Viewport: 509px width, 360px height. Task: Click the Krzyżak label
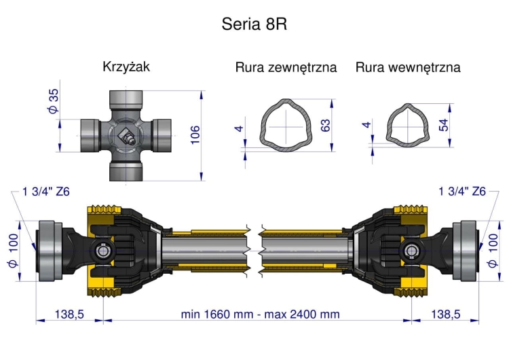coord(126,67)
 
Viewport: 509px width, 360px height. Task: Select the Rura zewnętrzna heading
coord(286,68)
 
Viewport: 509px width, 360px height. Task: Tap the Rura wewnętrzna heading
coord(408,68)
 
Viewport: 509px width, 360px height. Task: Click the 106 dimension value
coord(195,134)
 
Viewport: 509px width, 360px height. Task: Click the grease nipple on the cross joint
coord(126,137)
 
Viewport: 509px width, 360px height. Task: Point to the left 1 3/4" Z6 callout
coord(47,192)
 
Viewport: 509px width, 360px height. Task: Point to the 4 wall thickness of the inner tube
coord(367,125)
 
